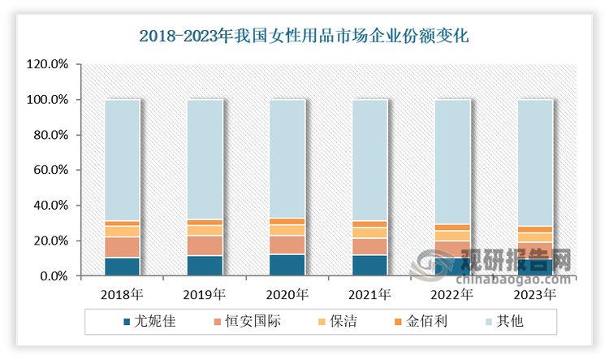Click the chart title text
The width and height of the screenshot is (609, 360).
(304, 36)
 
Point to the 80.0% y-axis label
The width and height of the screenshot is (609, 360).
(50, 135)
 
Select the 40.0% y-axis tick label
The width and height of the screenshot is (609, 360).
(50, 206)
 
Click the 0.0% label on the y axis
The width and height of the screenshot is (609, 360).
(52, 276)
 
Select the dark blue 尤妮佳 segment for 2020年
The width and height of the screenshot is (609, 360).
(287, 265)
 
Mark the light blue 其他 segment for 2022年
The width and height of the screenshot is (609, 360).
(451, 162)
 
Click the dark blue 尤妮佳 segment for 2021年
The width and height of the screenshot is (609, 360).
(369, 266)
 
